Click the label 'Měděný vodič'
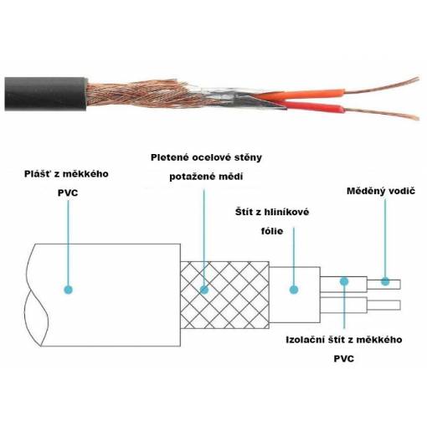click(x=381, y=191)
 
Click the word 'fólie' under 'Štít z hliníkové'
click(x=272, y=231)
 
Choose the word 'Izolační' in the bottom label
click(x=305, y=340)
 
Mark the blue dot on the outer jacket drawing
click(x=69, y=290)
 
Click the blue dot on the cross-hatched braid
click(x=204, y=290)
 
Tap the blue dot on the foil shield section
click(x=294, y=290)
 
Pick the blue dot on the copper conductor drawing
click(x=385, y=281)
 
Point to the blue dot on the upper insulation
click(x=344, y=281)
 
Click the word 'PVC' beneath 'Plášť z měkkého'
click(x=68, y=193)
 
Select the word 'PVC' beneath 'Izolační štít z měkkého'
click(x=344, y=359)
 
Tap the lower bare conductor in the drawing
click(x=383, y=306)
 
